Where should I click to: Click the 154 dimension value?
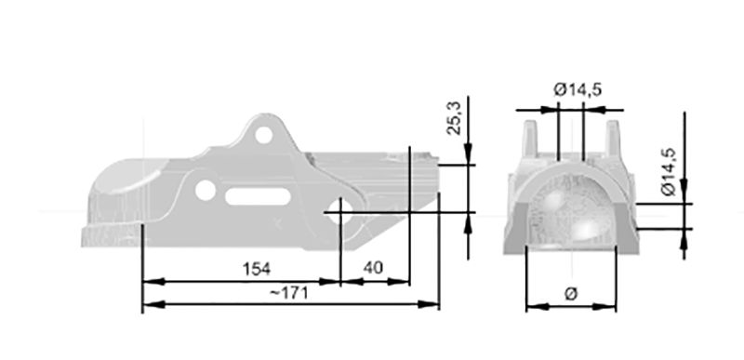point(257,269)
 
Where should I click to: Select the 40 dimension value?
point(373,268)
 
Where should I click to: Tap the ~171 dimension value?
point(289,293)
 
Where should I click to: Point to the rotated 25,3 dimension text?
point(455,117)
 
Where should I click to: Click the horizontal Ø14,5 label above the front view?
point(578,89)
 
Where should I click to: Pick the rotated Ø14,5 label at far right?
point(669,172)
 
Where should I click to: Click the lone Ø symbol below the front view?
point(571,294)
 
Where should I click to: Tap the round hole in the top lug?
point(264,135)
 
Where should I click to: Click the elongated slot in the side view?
point(258,196)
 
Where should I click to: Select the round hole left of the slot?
point(205,190)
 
